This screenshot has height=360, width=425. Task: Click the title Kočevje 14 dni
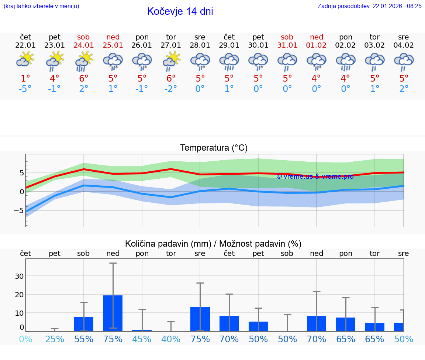click(x=180, y=11)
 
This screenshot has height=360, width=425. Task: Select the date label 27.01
click(x=171, y=45)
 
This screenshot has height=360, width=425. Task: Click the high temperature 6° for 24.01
click(x=84, y=78)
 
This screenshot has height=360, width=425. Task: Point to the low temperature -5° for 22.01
click(x=25, y=89)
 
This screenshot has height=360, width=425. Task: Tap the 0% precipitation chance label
click(x=25, y=339)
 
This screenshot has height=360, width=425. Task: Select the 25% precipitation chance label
click(x=55, y=339)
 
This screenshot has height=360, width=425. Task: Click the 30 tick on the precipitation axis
click(x=20, y=276)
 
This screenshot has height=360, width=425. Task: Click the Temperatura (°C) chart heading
click(x=214, y=148)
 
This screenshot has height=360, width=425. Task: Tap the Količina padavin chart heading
click(x=213, y=244)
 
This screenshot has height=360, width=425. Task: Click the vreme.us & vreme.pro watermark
click(x=315, y=176)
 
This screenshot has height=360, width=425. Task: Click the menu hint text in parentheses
click(x=41, y=6)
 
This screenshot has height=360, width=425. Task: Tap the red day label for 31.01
click(x=287, y=37)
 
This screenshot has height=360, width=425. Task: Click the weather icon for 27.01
click(x=171, y=60)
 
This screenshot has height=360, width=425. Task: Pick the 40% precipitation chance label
click(x=171, y=339)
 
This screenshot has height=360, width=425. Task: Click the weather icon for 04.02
click(x=404, y=61)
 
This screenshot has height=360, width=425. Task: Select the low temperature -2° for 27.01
click(x=171, y=89)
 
